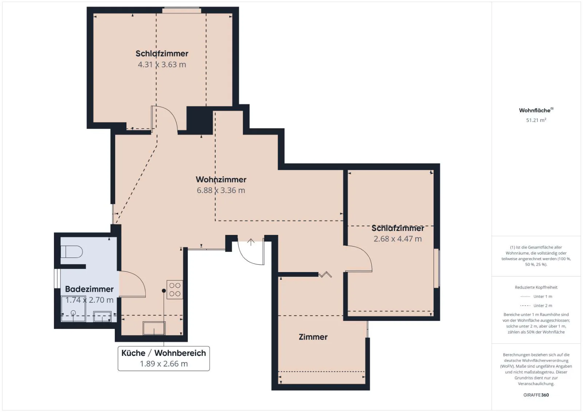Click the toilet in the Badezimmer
click(71, 252)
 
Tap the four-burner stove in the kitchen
click(175, 289)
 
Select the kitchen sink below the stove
click(154, 328)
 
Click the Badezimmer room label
click(89, 289)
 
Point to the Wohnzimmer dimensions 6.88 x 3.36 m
click(221, 190)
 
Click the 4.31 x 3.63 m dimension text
click(162, 64)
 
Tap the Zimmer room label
click(313, 337)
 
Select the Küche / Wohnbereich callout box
click(164, 358)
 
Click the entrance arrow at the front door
click(251, 242)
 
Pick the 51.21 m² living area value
click(536, 120)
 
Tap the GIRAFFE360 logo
click(536, 395)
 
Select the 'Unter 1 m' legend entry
click(536, 297)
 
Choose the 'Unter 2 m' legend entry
click(536, 306)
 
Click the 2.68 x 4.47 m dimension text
click(398, 239)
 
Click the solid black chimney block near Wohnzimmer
click(200, 120)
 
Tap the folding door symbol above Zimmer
click(325, 274)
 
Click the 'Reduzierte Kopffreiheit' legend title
click(536, 287)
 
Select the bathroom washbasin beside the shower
click(102, 317)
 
